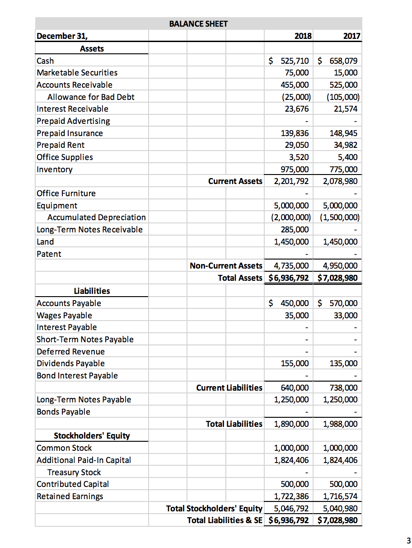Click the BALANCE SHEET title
pyautogui.click(x=198, y=24)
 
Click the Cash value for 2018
pyautogui.click(x=289, y=61)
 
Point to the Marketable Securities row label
pyautogui.click(x=77, y=73)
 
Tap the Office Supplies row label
pyautogui.click(x=65, y=157)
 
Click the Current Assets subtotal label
pyautogui.click(x=235, y=181)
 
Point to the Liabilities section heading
pyautogui.click(x=92, y=291)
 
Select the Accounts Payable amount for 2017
pyautogui.click(x=338, y=303)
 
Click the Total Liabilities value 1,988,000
pyautogui.click(x=341, y=424)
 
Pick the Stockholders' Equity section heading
pyautogui.click(x=92, y=436)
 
